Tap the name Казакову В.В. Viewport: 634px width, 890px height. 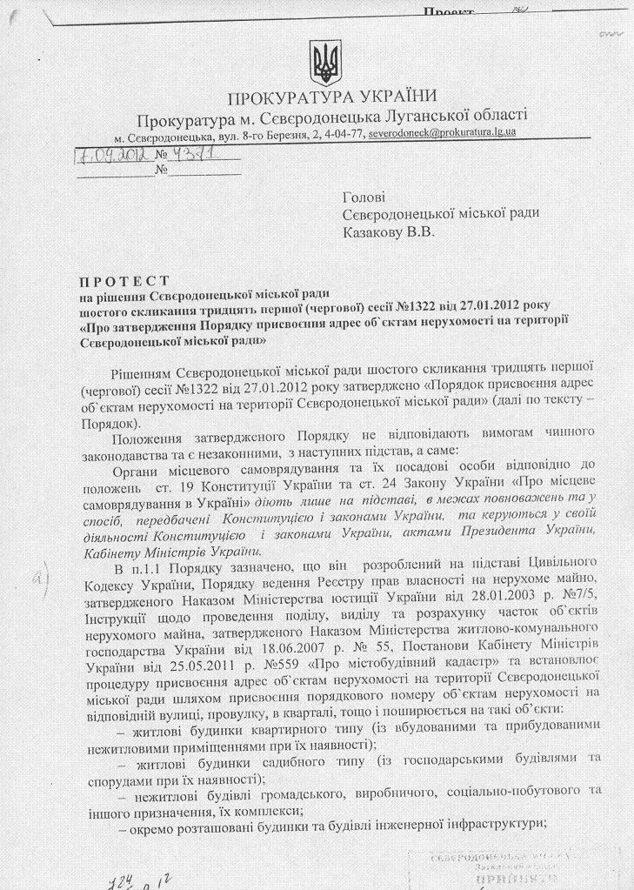pos(388,231)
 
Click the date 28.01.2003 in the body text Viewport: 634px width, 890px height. pos(494,599)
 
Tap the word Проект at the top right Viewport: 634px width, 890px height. pos(449,11)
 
